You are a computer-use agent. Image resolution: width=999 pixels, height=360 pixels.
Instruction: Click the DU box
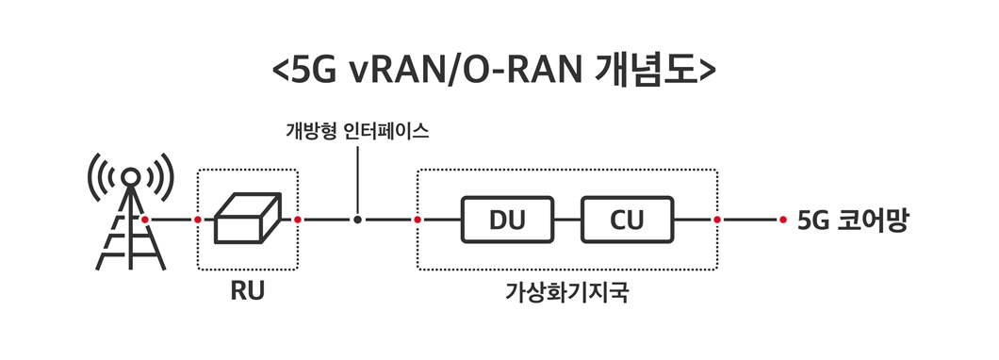(506, 220)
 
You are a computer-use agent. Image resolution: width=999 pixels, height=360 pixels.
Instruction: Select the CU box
(627, 220)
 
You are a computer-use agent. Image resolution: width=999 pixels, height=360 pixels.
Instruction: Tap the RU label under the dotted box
(247, 290)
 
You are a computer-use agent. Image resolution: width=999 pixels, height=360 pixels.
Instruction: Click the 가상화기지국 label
(566, 291)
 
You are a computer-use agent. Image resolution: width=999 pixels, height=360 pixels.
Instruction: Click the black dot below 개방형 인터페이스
(358, 220)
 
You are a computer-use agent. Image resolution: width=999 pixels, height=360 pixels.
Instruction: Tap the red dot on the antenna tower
(145, 220)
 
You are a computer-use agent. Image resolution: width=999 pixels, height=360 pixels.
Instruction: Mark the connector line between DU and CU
(566, 220)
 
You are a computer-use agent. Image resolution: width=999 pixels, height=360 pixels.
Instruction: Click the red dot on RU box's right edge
(298, 220)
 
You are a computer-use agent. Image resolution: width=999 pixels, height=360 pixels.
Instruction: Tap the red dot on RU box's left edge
(197, 220)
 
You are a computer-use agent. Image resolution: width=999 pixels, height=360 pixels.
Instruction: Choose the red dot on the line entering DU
(418, 220)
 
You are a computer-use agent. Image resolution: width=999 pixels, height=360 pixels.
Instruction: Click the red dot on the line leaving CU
(717, 220)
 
